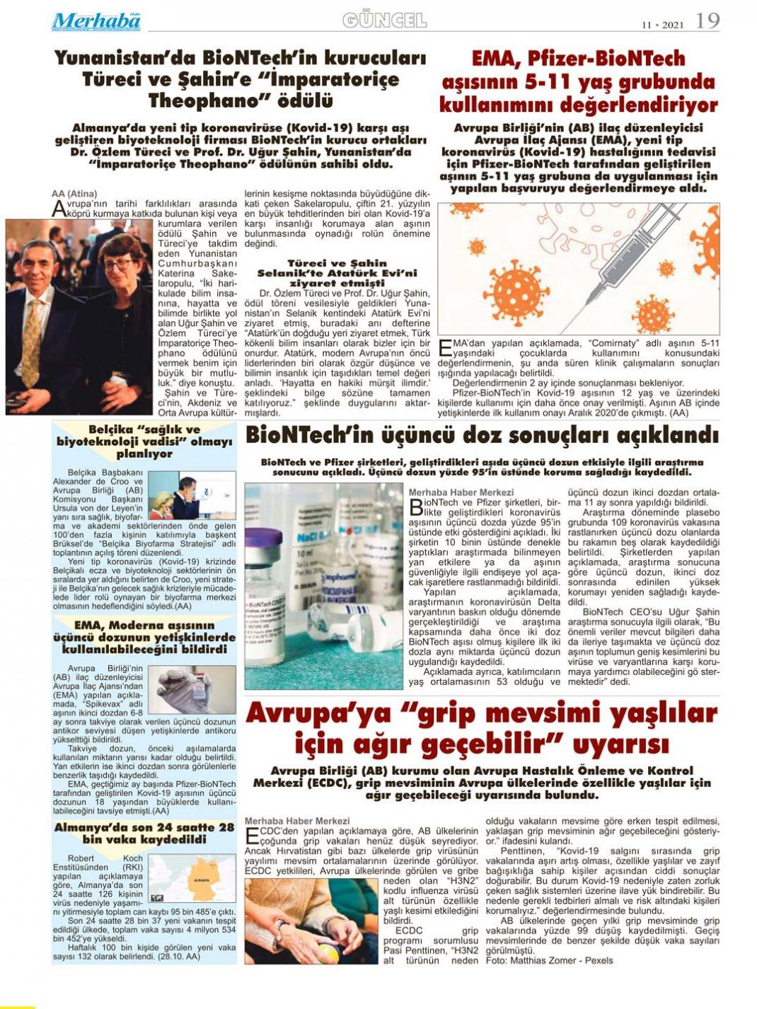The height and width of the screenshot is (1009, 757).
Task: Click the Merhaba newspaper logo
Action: pyautogui.click(x=96, y=22)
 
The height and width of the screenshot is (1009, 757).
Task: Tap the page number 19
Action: pyautogui.click(x=707, y=21)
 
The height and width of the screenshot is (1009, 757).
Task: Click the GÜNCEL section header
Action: pyautogui.click(x=384, y=21)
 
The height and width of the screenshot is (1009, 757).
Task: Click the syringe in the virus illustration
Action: pyautogui.click(x=623, y=262)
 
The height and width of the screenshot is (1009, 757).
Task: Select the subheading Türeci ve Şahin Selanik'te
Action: pyautogui.click(x=337, y=272)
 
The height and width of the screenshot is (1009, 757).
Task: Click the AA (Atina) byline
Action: pyautogui.click(x=74, y=194)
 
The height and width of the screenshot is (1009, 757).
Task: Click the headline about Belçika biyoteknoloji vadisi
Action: pyautogui.click(x=144, y=441)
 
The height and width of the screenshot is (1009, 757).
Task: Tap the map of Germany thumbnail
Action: pyautogui.click(x=192, y=878)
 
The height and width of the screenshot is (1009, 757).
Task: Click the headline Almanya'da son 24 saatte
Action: pyautogui.click(x=144, y=833)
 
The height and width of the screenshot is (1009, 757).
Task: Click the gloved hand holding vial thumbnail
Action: pyautogui.click(x=192, y=689)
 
